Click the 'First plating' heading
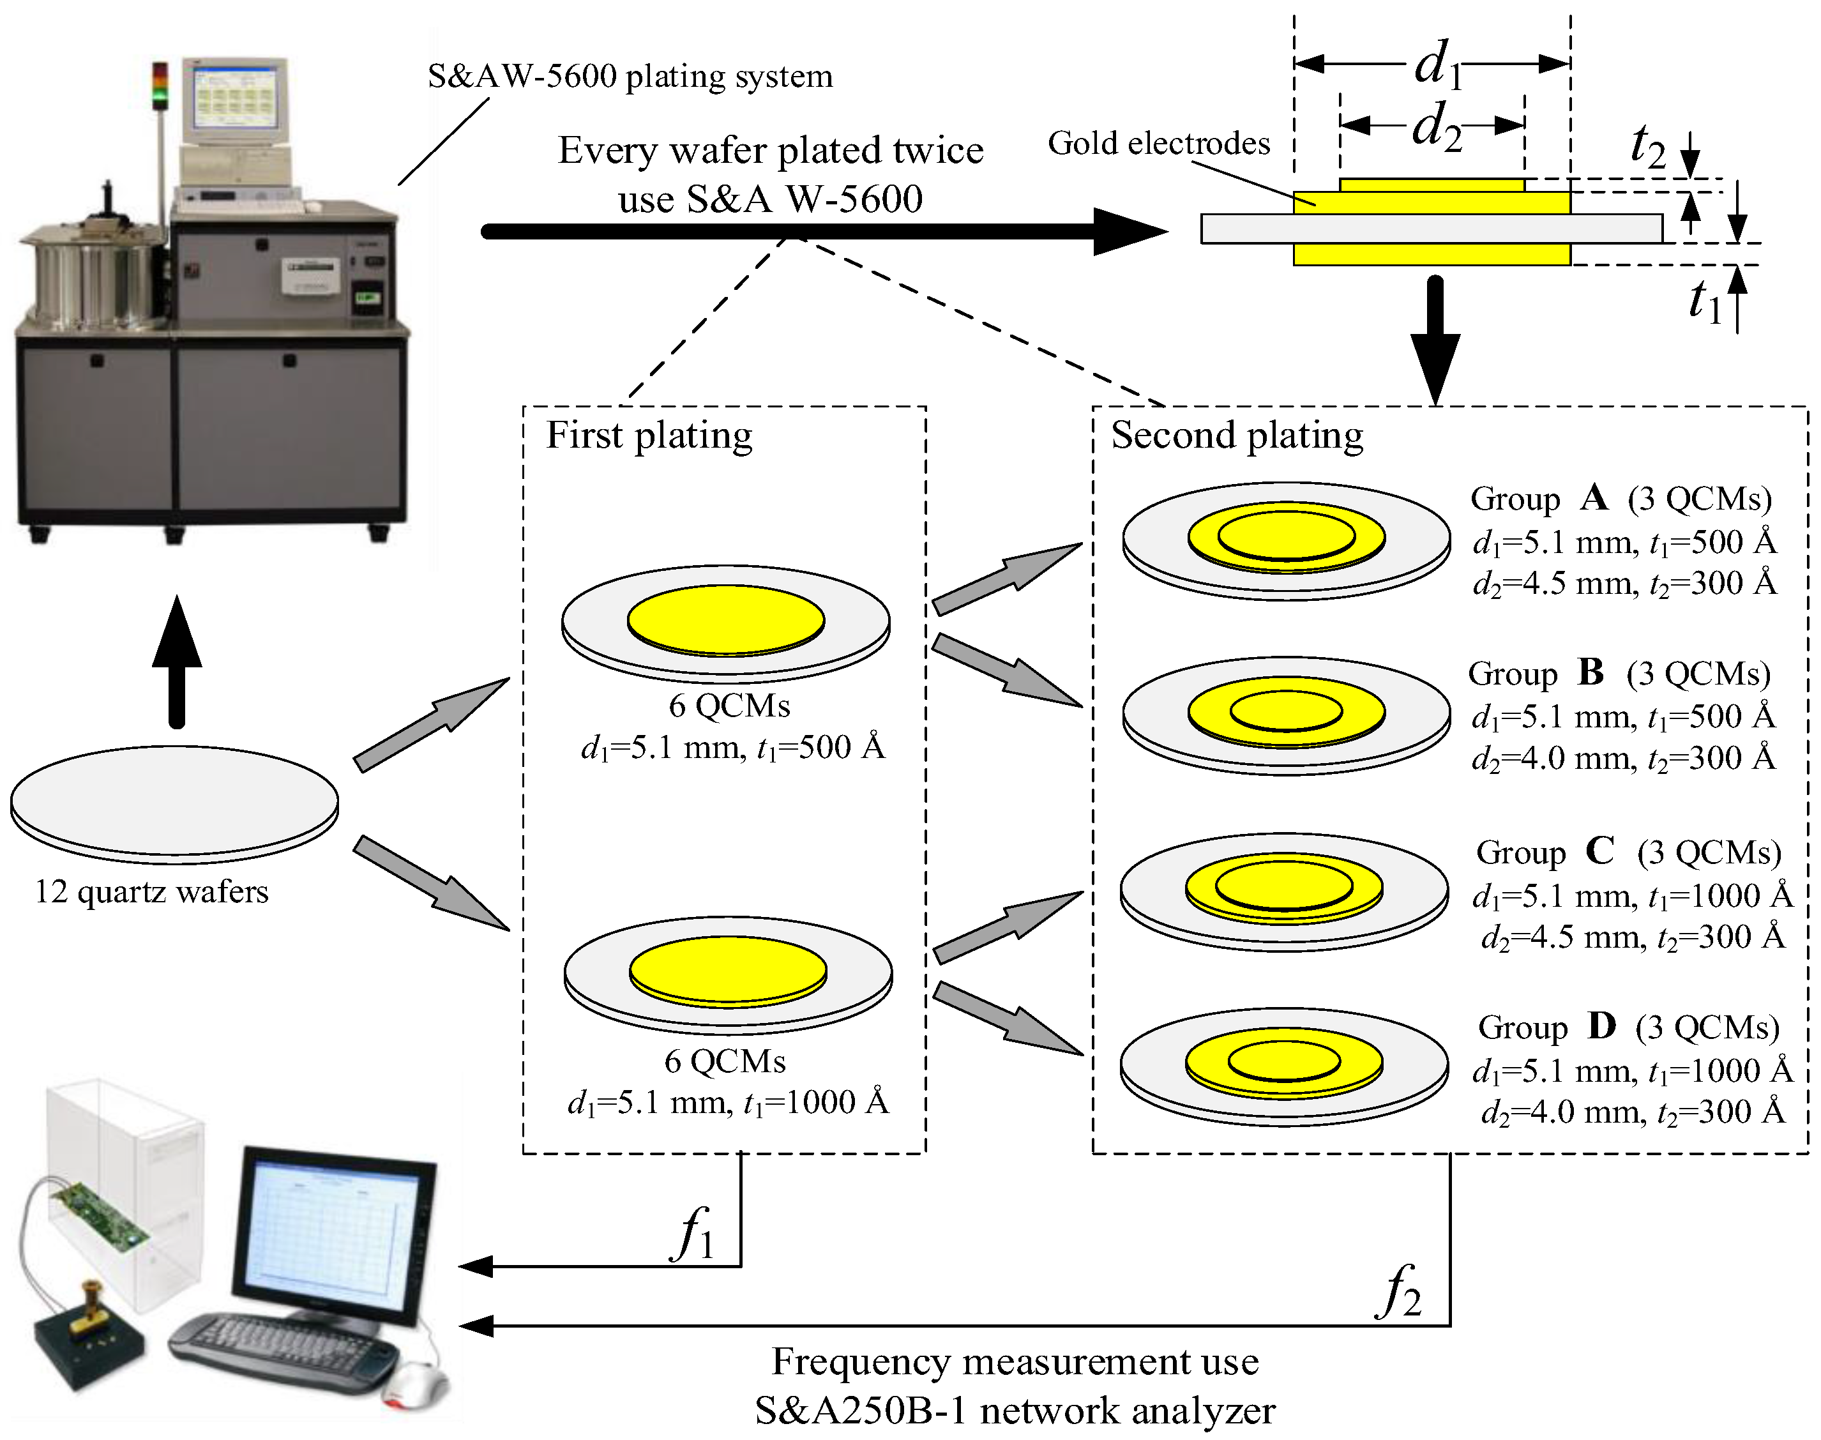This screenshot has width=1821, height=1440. click(x=649, y=436)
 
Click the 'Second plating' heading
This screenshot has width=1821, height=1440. click(x=1237, y=436)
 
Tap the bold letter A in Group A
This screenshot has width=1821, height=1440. click(x=1594, y=498)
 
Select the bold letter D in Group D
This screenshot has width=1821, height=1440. click(x=1602, y=1026)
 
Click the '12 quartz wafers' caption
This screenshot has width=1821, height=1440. click(x=152, y=891)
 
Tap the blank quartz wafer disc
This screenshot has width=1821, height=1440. click(x=174, y=803)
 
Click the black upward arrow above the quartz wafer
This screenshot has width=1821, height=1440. click(x=176, y=661)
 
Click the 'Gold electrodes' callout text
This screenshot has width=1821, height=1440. click(x=1158, y=143)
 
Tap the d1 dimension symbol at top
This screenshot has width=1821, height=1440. click(x=1437, y=63)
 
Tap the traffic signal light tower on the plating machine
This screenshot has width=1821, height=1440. click(x=160, y=86)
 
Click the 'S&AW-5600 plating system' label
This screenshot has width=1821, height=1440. click(x=630, y=76)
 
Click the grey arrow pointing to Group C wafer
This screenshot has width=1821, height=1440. click(x=1008, y=927)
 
